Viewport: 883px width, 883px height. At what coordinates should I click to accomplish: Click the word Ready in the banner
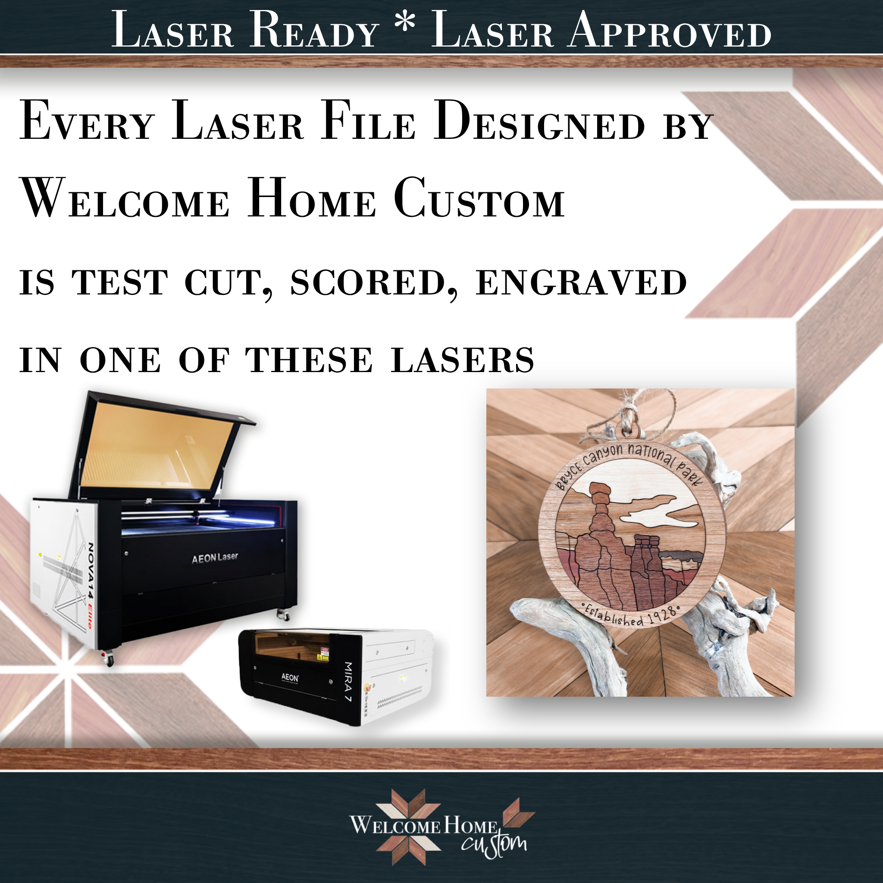[314, 30]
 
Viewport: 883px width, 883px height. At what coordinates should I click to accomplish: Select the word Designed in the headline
[540, 121]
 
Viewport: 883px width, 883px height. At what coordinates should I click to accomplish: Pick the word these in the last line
[309, 360]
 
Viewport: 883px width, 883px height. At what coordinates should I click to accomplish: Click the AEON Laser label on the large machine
[215, 557]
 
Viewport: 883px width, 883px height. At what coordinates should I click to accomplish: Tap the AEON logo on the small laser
[290, 678]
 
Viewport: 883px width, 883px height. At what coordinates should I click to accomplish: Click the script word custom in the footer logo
[494, 844]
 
